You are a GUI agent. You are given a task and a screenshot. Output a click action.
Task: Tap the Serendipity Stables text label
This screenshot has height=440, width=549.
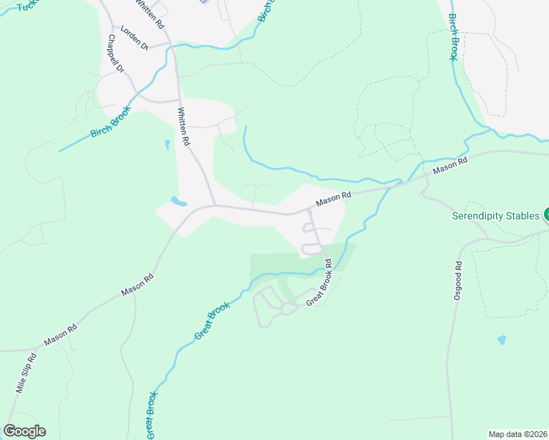pos(495,216)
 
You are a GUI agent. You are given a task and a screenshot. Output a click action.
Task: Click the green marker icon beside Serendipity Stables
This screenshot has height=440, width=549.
pos(547,216)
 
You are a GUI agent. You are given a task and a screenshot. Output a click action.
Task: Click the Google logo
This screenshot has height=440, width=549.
pos(24,431)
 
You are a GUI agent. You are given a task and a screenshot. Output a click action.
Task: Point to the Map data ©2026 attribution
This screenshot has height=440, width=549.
pos(518,434)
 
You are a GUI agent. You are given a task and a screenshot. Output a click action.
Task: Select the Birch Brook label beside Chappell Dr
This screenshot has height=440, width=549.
pos(109,121)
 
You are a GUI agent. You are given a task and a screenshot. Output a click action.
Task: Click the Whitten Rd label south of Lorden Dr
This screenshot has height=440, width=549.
pos(184,125)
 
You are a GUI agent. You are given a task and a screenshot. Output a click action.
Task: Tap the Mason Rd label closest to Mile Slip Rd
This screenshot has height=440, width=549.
pos(60,335)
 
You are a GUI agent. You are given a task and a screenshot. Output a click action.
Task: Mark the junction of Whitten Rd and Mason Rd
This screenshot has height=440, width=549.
pos(214,205)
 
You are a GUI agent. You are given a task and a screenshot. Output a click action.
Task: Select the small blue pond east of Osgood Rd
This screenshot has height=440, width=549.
pos(501,340)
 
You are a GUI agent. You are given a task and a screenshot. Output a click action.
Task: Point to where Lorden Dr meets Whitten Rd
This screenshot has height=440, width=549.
pos(171,44)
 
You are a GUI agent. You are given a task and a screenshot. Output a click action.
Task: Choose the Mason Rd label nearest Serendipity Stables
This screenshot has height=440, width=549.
pos(450,166)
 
